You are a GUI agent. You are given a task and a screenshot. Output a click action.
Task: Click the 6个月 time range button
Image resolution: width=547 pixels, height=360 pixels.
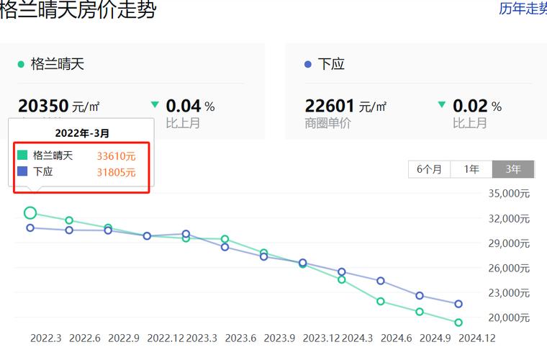pyautogui.click(x=429, y=169)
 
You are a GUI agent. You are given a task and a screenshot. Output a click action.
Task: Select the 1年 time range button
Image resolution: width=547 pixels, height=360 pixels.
pyautogui.click(x=471, y=169)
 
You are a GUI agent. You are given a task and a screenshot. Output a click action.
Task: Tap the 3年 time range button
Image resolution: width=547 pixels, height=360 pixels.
pyautogui.click(x=513, y=169)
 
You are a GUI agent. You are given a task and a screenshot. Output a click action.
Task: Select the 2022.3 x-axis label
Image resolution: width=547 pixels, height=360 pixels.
pyautogui.click(x=46, y=338)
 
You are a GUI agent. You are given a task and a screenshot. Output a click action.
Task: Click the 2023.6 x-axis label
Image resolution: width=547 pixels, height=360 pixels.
pyautogui.click(x=240, y=338)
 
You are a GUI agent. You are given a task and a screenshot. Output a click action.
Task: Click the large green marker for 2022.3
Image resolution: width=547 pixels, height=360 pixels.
pyautogui.click(x=30, y=212)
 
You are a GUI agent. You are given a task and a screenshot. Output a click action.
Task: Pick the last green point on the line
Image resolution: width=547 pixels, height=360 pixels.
pyautogui.click(x=458, y=323)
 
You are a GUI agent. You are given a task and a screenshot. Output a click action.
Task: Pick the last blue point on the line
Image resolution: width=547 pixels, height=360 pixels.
pyautogui.click(x=458, y=304)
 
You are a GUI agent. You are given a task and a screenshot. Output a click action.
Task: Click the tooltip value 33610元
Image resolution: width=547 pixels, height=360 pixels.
pyautogui.click(x=116, y=156)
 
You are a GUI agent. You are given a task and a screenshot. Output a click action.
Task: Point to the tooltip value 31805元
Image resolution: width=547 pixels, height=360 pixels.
pyautogui.click(x=116, y=172)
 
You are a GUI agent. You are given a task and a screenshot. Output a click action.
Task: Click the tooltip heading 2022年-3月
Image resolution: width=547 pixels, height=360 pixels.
pyautogui.click(x=82, y=133)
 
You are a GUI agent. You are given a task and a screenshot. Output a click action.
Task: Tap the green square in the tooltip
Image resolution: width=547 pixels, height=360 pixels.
pyautogui.click(x=22, y=155)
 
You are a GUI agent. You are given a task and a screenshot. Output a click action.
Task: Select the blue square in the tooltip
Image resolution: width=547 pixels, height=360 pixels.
pyautogui.click(x=22, y=172)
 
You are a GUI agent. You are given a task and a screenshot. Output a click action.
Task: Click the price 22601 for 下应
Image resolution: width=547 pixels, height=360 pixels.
pyautogui.click(x=330, y=106)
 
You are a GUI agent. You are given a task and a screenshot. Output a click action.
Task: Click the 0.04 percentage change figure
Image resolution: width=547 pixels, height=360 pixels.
pyautogui.click(x=183, y=106)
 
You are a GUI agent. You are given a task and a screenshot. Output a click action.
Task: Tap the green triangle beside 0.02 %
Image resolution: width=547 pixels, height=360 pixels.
pyautogui.click(x=442, y=105)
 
